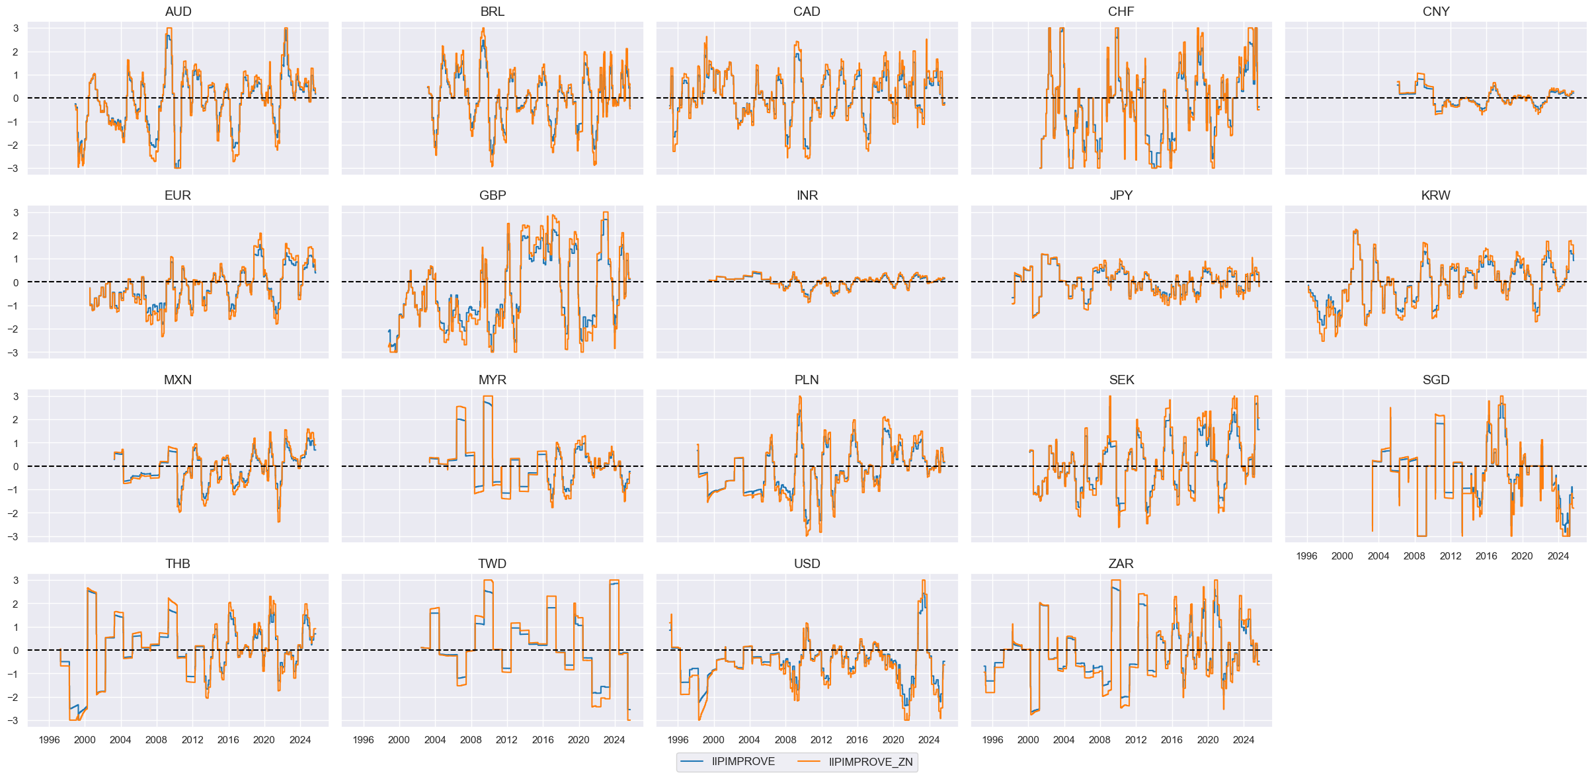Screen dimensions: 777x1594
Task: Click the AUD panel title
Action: coord(178,12)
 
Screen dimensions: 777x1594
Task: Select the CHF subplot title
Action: coord(1121,12)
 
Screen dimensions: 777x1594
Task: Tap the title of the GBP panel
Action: coord(493,196)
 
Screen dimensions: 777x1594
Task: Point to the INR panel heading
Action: coord(807,196)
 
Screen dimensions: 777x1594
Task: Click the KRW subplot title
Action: coord(1435,196)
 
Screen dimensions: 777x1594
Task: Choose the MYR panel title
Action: coord(493,380)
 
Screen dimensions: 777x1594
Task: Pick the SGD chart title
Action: coord(1435,380)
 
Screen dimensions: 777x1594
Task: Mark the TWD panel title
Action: coord(493,564)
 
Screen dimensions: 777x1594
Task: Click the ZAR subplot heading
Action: coord(1121,564)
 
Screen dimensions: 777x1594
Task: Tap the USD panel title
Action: coord(807,564)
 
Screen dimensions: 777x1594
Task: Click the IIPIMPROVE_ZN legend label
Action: coord(871,762)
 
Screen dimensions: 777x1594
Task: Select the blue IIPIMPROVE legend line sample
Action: coord(692,762)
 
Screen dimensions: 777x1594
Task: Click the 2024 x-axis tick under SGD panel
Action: coord(1558,556)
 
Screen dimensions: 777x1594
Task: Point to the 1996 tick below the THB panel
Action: coord(49,740)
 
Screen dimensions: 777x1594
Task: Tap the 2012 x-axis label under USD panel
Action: coord(821,740)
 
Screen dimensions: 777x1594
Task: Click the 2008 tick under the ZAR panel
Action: coord(1099,740)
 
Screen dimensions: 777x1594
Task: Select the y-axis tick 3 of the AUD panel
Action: coord(16,28)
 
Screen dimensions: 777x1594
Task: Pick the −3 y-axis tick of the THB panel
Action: coord(14,721)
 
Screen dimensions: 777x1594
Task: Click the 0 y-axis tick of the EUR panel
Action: coord(16,282)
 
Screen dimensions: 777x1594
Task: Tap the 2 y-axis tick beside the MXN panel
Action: coord(16,420)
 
